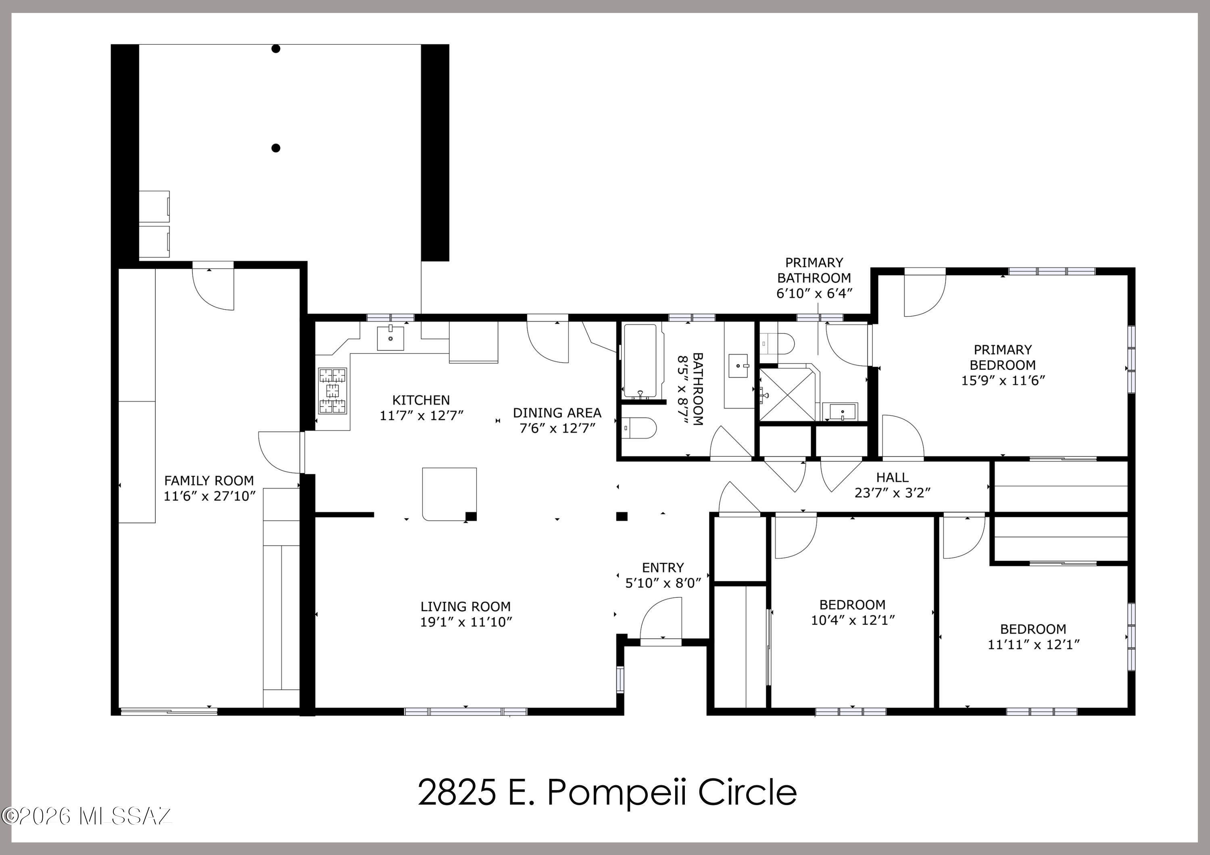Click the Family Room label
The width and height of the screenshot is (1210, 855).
pos(209,481)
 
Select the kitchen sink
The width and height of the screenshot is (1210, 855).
pos(390,338)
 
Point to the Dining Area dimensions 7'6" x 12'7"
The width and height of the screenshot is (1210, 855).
pos(557,428)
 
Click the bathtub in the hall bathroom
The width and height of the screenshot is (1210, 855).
pos(640,361)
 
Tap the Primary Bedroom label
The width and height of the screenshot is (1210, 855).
pos(1002,357)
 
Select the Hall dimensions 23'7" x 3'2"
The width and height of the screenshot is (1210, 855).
pos(892,493)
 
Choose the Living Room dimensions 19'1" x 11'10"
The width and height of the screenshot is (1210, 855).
pos(466,622)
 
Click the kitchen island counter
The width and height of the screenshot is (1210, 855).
pos(450,494)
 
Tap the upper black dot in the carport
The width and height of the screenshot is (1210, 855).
pos(275,49)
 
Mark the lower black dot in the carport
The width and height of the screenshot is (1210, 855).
pos(275,148)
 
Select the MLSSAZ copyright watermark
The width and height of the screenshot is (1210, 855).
pos(87,816)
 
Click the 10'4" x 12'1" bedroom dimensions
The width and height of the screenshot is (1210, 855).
pos(852,620)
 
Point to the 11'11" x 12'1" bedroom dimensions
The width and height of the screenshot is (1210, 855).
pos(1033,644)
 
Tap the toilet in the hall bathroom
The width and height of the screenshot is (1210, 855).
pos(639,428)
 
